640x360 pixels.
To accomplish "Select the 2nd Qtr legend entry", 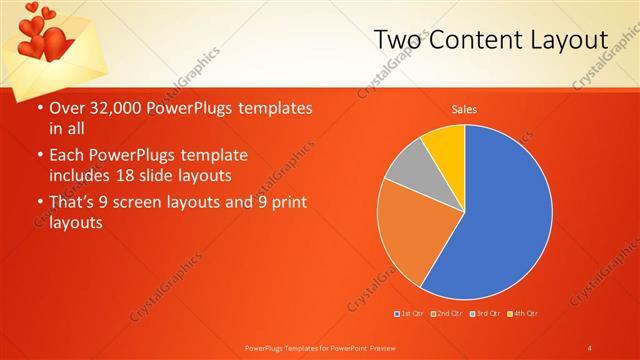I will tap(448, 314).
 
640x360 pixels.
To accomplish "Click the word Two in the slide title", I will tap(397, 40).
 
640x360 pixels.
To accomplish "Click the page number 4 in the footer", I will tap(590, 347).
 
